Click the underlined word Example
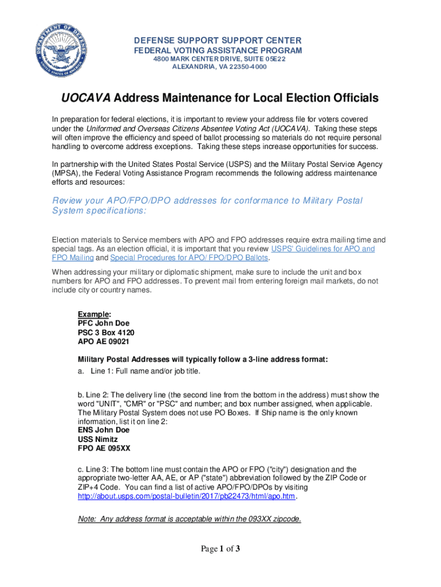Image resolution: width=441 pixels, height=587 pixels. pyautogui.click(x=93, y=314)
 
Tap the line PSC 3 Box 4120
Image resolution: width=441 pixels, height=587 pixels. pyautogui.click(x=107, y=332)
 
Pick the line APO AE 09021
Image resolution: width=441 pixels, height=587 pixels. pyautogui.click(x=104, y=342)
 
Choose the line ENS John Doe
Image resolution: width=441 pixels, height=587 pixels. pyautogui.click(x=104, y=429)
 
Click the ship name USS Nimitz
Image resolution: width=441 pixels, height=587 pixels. pyautogui.click(x=99, y=439)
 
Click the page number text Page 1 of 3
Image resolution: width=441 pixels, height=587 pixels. pyautogui.click(x=220, y=549)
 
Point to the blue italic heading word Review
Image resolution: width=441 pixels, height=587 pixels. pyautogui.click(x=68, y=201)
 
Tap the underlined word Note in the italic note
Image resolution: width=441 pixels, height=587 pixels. pyautogui.click(x=86, y=519)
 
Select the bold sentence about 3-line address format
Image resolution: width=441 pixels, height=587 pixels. pyautogui.click(x=203, y=359)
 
